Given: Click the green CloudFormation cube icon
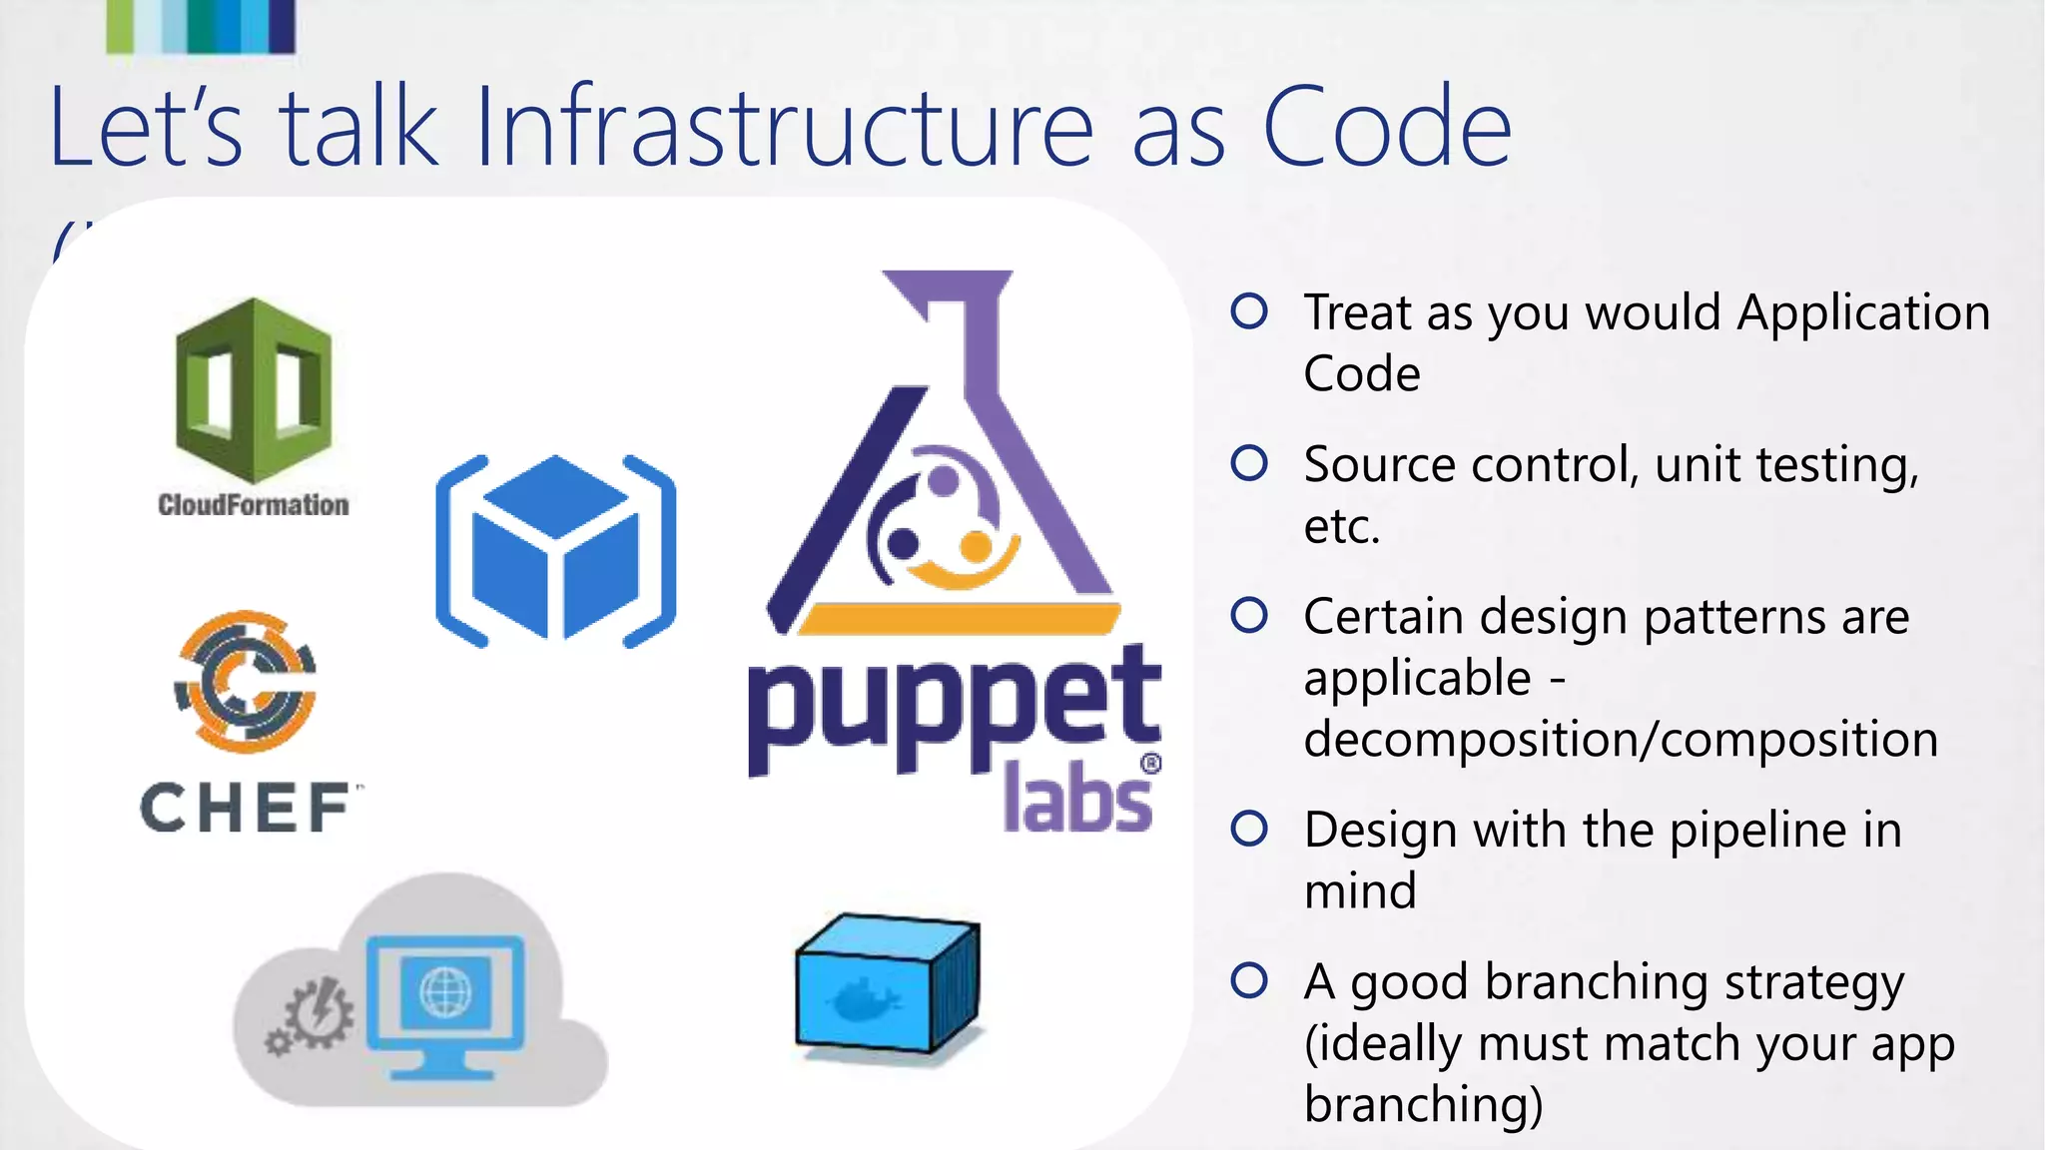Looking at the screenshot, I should [x=254, y=390].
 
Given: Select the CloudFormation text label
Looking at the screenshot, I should [x=254, y=505].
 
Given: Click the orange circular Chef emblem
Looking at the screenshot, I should [x=247, y=682].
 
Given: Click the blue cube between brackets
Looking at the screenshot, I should [x=555, y=550].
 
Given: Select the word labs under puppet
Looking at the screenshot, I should [x=1076, y=799].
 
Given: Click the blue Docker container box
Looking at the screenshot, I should [x=887, y=983].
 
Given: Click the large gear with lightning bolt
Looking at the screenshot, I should [x=319, y=1012].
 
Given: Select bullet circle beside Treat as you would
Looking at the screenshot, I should [x=1249, y=311].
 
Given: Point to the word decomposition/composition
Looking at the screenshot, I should [x=1620, y=740].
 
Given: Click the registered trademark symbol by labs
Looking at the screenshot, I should [x=1150, y=765].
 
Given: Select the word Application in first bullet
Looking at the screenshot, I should [x=1863, y=313].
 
